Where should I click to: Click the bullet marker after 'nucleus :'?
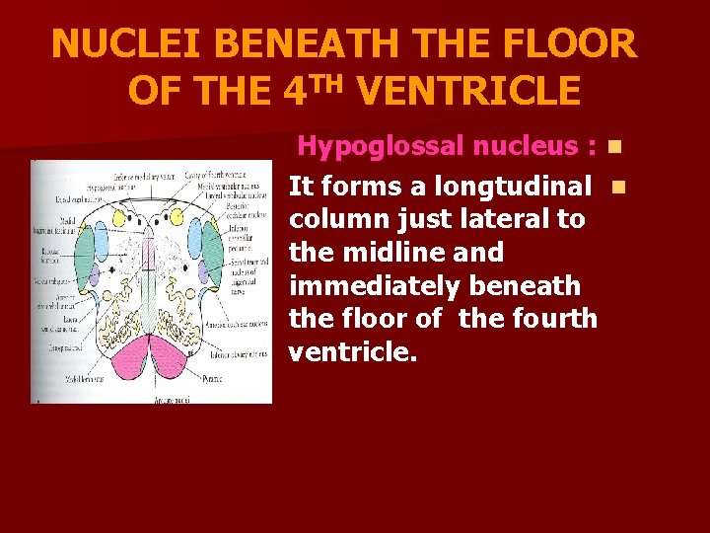(614, 148)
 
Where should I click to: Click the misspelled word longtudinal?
(526, 186)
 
